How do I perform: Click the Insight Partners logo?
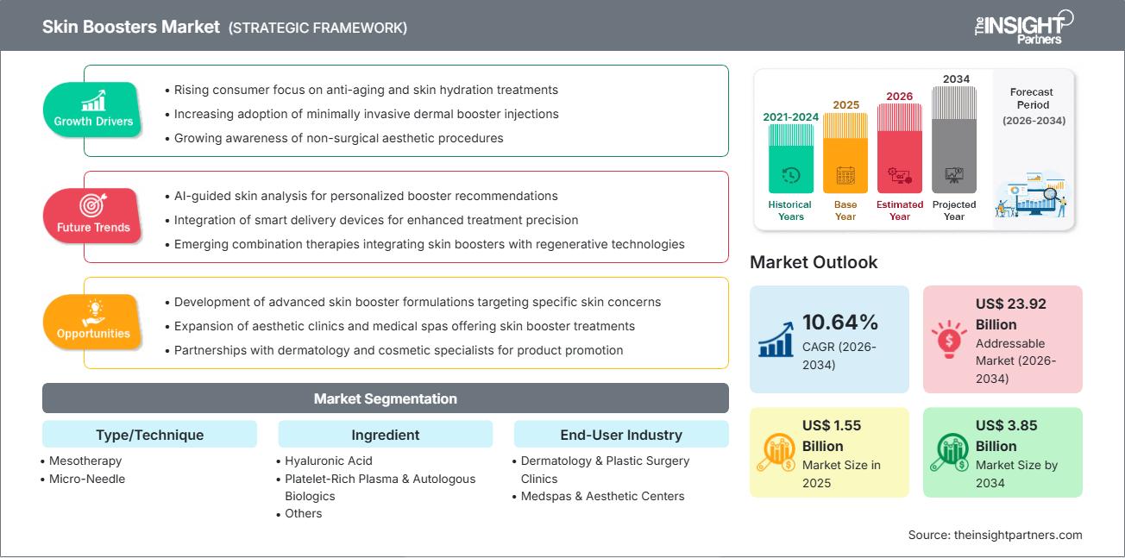(x=1024, y=26)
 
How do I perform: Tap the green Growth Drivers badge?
(x=93, y=110)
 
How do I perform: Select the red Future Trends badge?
(x=93, y=216)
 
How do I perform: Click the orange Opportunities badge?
(x=93, y=322)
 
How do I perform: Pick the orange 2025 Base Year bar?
(x=845, y=153)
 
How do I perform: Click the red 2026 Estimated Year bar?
(x=900, y=147)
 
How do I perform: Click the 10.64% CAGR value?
(x=840, y=323)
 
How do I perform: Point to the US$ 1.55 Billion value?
(x=832, y=436)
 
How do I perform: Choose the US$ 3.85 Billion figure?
(x=1006, y=436)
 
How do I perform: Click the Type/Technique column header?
(x=149, y=435)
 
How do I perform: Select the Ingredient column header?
(x=385, y=435)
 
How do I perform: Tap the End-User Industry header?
(x=620, y=435)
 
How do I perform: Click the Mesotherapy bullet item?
(x=85, y=461)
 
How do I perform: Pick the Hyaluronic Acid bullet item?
(x=329, y=461)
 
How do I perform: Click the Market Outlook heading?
(x=814, y=262)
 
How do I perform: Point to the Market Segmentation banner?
(x=385, y=398)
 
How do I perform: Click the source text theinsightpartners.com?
(x=995, y=535)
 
